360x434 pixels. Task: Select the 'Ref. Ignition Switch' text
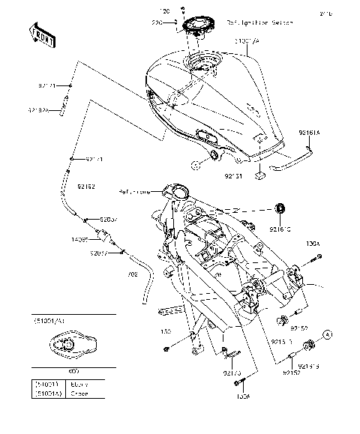(257, 23)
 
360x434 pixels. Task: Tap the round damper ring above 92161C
(281, 206)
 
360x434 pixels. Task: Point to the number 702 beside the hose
(133, 276)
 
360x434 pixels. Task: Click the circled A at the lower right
(328, 332)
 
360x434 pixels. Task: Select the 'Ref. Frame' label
(134, 193)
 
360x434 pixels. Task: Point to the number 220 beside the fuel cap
(158, 24)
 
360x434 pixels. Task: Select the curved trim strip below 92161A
(289, 159)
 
